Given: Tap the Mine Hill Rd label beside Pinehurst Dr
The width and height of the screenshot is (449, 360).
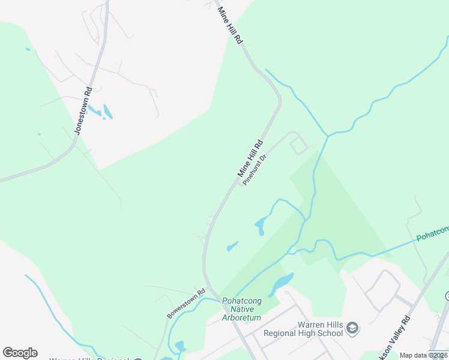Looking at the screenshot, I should point(251,158).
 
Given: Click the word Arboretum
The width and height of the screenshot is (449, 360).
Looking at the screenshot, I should point(243,317).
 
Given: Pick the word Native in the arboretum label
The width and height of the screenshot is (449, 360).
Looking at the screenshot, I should point(243,309).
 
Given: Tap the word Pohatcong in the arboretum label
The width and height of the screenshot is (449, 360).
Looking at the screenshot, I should point(243,301).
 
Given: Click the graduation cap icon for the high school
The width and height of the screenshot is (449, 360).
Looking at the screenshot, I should point(353,328).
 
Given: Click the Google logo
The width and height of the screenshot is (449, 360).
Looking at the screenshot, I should point(20,353).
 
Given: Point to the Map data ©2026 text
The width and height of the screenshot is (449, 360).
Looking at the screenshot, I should point(423,355).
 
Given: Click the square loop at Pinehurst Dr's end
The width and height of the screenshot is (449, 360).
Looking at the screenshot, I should point(298,145).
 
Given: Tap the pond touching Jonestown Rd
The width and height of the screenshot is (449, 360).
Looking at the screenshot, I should point(94,112).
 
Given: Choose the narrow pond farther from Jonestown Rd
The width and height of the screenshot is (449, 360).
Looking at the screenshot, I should point(108,112).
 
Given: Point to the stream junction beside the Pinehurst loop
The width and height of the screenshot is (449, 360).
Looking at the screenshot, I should point(327,136).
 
